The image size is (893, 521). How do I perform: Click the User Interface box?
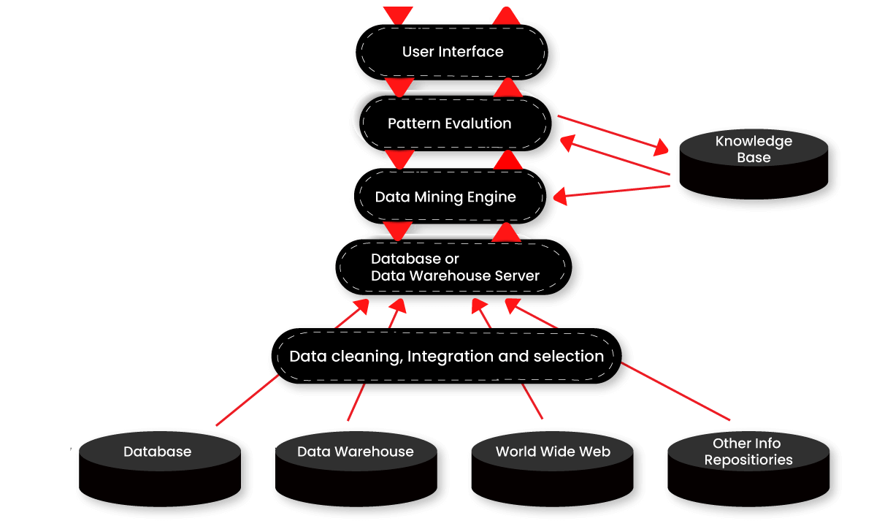coord(453,52)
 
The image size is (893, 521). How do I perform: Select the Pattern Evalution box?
coord(449,123)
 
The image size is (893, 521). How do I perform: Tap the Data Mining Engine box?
coord(445,197)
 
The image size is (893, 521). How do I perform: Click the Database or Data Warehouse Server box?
coord(453,267)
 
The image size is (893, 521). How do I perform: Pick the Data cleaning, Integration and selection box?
coord(445,357)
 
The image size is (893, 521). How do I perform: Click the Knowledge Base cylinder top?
coord(754,148)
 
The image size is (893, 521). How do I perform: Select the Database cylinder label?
coord(158,452)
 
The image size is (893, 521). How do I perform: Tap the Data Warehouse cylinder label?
coord(356,452)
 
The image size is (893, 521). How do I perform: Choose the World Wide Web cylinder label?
coord(553,452)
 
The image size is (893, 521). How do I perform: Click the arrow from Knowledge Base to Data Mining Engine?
coord(613,191)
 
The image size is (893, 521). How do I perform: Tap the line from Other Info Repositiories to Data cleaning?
coord(675,392)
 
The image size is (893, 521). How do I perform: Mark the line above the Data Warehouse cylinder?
coord(356,403)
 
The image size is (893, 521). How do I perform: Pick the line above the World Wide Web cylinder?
coord(533,401)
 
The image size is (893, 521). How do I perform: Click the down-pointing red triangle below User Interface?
coord(399,88)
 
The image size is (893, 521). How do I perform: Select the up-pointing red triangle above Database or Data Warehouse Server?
coord(505,233)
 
